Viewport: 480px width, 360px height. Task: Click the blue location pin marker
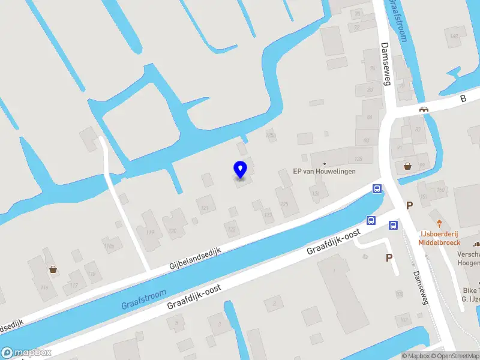[x=240, y=170]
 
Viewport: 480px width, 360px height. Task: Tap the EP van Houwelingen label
[x=324, y=171]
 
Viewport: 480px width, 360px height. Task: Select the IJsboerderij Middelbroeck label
[x=439, y=238]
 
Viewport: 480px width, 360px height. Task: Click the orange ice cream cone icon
[x=439, y=223]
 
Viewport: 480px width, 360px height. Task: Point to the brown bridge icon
[x=424, y=109]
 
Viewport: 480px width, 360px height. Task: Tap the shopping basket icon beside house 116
[x=53, y=269]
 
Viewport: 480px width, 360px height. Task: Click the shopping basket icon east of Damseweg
[x=408, y=166]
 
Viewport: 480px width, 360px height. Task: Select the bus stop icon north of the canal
[x=377, y=189]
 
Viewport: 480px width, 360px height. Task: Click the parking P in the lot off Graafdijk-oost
[x=389, y=257]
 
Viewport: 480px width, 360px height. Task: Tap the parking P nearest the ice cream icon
[x=410, y=205]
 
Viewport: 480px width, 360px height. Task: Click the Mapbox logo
[x=26, y=352]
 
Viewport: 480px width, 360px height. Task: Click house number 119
[x=150, y=232]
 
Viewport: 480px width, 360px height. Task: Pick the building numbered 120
[x=173, y=230]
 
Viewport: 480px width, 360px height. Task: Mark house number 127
[x=205, y=208]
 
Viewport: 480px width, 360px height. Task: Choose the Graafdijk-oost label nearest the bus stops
[x=333, y=241]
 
